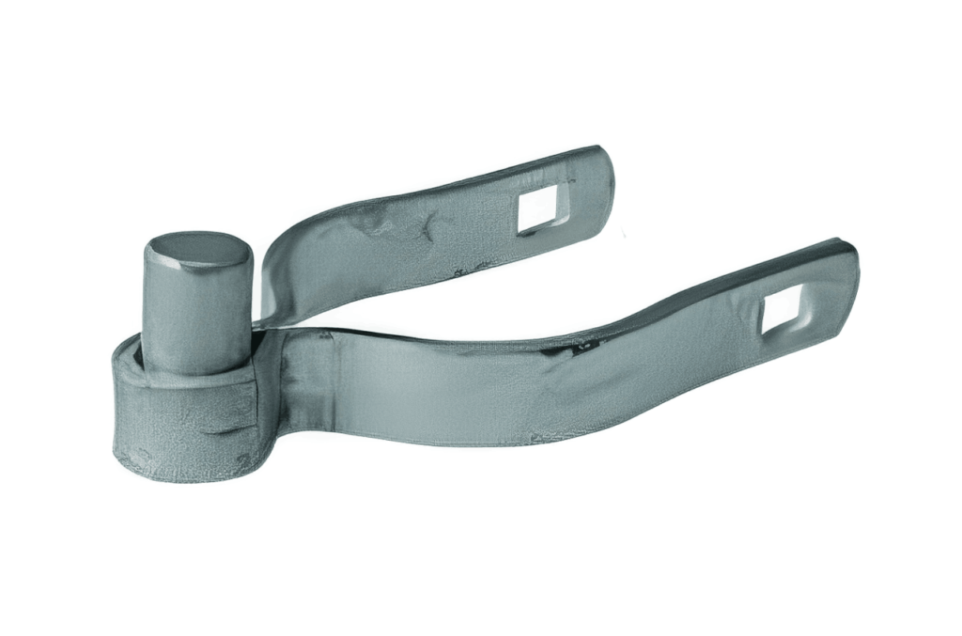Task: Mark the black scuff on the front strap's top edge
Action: tap(569, 349)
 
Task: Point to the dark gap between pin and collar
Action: tap(141, 355)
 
